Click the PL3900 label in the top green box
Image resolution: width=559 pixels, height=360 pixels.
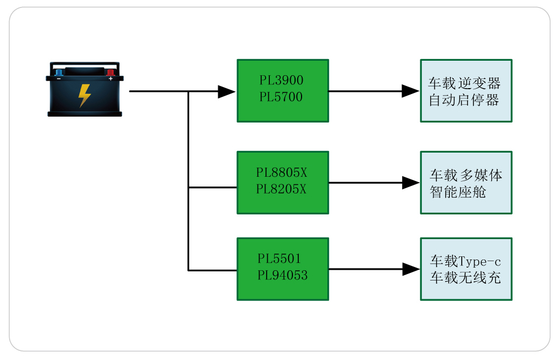click(x=281, y=81)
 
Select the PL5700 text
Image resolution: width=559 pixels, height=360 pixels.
click(x=281, y=97)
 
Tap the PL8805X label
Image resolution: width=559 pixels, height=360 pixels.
click(x=281, y=173)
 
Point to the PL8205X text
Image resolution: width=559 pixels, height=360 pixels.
click(x=281, y=189)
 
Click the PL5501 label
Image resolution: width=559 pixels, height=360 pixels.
click(x=279, y=258)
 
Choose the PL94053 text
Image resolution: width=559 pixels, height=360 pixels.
click(x=282, y=276)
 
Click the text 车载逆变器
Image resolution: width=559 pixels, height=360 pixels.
click(x=464, y=83)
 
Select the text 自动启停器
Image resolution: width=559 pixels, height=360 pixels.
click(x=464, y=100)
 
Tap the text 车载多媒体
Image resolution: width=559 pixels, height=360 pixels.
click(x=465, y=175)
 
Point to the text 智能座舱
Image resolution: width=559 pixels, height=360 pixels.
click(x=458, y=192)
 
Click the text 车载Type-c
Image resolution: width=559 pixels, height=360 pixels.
click(x=465, y=261)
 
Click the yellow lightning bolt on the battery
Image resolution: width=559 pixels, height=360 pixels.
click(x=84, y=95)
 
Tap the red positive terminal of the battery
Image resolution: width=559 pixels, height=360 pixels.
click(x=110, y=72)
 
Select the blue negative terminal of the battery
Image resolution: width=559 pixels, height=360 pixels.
click(x=59, y=72)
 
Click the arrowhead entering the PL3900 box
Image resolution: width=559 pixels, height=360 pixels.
click(x=227, y=91)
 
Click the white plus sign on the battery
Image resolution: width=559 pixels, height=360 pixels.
click(x=111, y=78)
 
